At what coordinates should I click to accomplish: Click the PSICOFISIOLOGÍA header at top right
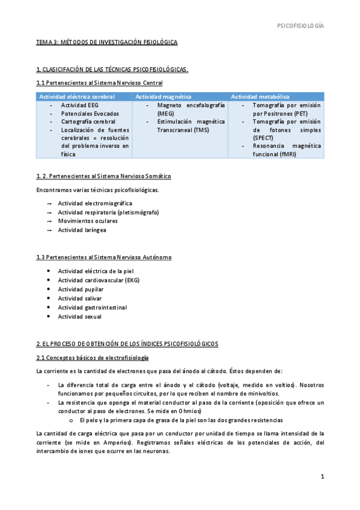point(300,26)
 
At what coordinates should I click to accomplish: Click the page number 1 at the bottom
point(322,477)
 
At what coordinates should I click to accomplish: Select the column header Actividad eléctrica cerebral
point(76,96)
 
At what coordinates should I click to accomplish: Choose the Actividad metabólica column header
point(260,96)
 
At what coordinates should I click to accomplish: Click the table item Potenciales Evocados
point(90,113)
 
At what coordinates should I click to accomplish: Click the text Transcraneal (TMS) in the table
point(180,129)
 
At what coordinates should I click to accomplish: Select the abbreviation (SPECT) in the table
point(264,138)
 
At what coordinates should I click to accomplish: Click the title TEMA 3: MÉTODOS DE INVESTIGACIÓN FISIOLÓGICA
point(106,43)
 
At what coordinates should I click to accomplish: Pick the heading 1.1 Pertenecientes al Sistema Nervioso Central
point(99,82)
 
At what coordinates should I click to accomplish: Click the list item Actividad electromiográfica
point(95,203)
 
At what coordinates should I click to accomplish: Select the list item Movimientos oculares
point(88,221)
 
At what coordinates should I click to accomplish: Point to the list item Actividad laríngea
point(82,230)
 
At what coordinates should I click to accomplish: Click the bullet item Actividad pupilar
point(81,289)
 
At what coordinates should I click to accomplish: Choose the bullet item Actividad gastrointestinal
point(92,307)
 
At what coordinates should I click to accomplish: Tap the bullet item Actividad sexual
point(79,316)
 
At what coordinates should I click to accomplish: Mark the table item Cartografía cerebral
point(88,121)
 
